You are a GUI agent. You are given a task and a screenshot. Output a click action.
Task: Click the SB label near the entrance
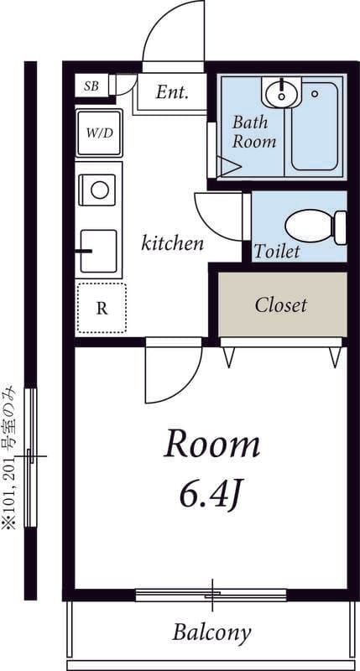pyautogui.click(x=91, y=86)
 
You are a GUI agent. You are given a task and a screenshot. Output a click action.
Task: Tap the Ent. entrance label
pyautogui.click(x=172, y=92)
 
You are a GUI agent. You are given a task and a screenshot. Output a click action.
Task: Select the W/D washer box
pyautogui.click(x=99, y=133)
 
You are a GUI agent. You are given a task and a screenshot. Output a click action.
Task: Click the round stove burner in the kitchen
pyautogui.click(x=100, y=190)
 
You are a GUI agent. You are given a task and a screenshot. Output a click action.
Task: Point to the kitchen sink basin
pyautogui.click(x=98, y=251)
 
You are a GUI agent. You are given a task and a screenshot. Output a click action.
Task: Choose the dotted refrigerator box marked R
pyautogui.click(x=102, y=308)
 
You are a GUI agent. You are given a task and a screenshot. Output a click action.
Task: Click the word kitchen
pyautogui.click(x=172, y=244)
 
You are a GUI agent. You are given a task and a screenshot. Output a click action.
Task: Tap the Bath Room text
pyautogui.click(x=253, y=132)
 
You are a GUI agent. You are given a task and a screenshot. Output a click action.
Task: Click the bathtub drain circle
pyautogui.click(x=315, y=94)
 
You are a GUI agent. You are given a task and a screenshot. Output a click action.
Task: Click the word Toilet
pyautogui.click(x=277, y=251)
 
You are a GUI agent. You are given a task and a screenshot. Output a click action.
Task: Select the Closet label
pyautogui.click(x=281, y=305)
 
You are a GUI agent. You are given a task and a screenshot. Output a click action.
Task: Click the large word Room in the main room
pyautogui.click(x=212, y=445)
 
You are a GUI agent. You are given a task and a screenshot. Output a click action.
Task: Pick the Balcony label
pyautogui.click(x=211, y=632)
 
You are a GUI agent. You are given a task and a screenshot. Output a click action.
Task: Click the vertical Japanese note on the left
pyautogui.click(x=9, y=457)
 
